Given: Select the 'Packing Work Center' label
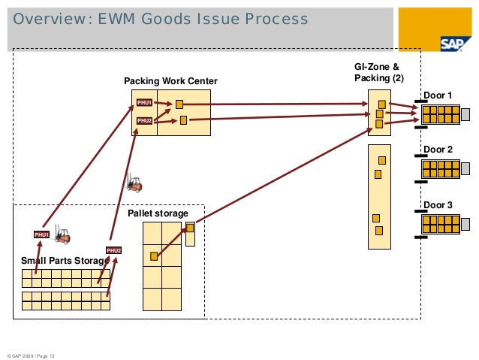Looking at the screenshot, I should pos(170,81).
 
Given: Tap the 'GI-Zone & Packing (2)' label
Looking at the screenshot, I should pos(378,72).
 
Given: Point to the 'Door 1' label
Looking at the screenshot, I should pos(438,95).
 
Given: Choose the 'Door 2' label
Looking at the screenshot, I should pos(438,150).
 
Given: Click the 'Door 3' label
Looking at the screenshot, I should pos(438,204).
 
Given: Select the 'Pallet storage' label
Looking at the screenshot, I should pos(158,214).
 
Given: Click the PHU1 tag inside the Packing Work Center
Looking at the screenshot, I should pos(144,102).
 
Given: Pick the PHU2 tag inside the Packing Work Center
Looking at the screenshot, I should pos(144,120).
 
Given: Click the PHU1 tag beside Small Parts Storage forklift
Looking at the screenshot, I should pos(41,234).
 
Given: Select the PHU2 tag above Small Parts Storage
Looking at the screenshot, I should pos(113,250).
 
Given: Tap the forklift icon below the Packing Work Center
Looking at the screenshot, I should pos(134,183).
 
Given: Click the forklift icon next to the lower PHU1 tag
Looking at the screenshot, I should pos(62,236).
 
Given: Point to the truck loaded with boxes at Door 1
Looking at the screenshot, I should pos(440,114).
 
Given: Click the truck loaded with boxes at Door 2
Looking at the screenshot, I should pos(440,169).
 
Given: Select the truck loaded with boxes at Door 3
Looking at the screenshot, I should pos(440,224).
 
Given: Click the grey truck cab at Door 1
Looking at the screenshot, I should pos(465,115).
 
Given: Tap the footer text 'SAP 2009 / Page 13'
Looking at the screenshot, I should pos(32,355).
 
